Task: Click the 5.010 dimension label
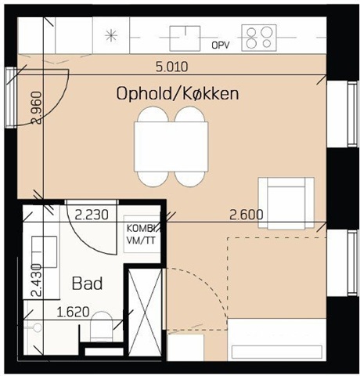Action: pos(171,67)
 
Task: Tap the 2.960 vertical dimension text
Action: pos(36,107)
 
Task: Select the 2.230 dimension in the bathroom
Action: pos(92,215)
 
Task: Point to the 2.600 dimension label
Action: pos(247,215)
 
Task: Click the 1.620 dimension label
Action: pos(73,312)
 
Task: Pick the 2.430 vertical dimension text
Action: pos(36,280)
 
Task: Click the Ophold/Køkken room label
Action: pos(178,94)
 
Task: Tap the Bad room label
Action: pos(87,284)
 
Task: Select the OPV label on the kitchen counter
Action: pos(221,45)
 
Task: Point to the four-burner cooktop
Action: pos(259,38)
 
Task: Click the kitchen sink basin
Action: pos(185,38)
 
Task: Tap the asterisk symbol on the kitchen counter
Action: pos(111,35)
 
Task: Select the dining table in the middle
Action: pos(171,146)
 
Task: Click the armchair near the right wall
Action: pos(286,203)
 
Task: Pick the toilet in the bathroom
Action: pos(102,327)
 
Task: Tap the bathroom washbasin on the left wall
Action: pos(45,251)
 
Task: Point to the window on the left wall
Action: pos(10,97)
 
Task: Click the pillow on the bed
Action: pos(277,352)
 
